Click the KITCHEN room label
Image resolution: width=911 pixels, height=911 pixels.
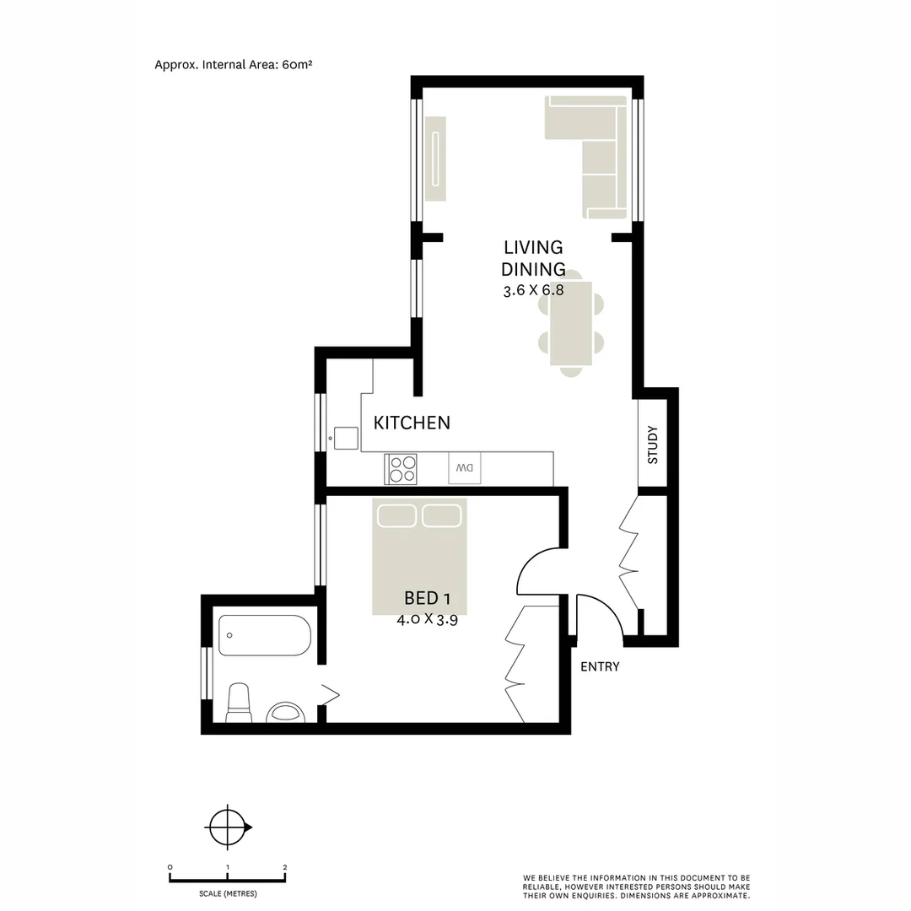(412, 423)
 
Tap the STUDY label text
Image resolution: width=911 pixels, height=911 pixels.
(652, 445)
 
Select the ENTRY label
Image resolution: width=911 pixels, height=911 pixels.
(600, 666)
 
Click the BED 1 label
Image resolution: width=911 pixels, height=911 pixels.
(428, 598)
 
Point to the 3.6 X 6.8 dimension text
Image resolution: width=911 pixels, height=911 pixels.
(532, 290)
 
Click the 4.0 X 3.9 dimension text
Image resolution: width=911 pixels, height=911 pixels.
(427, 618)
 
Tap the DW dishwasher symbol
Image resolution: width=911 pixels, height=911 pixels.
(465, 468)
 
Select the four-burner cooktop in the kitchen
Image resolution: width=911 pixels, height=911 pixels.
(402, 468)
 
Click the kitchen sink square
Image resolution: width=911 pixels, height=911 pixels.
(346, 438)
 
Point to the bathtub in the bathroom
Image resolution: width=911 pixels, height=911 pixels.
(265, 635)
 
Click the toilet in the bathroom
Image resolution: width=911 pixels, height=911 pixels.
(239, 703)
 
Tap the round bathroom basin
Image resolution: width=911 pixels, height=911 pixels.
(285, 714)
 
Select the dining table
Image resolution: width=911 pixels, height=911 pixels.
(571, 323)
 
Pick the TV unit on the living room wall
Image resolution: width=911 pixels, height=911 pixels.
(434, 159)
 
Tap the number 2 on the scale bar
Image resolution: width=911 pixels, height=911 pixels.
(285, 867)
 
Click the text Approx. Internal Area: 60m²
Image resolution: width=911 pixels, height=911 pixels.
(234, 64)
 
